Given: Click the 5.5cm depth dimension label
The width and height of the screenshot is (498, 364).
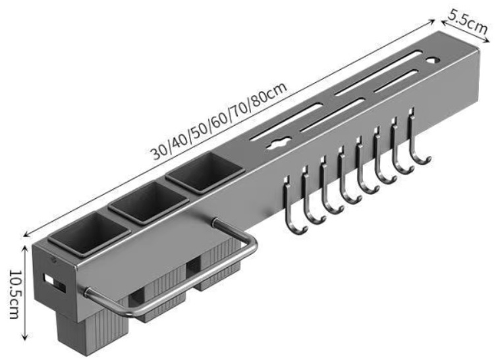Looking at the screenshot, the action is click(x=468, y=22).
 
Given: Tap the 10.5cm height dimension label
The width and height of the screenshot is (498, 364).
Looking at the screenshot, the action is click(x=14, y=294).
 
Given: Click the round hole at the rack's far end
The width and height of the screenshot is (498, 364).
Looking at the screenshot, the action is click(x=432, y=59).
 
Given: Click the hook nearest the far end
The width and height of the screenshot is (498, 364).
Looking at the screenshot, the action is click(x=418, y=136).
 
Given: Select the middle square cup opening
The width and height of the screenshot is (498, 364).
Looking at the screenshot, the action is click(x=148, y=202).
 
